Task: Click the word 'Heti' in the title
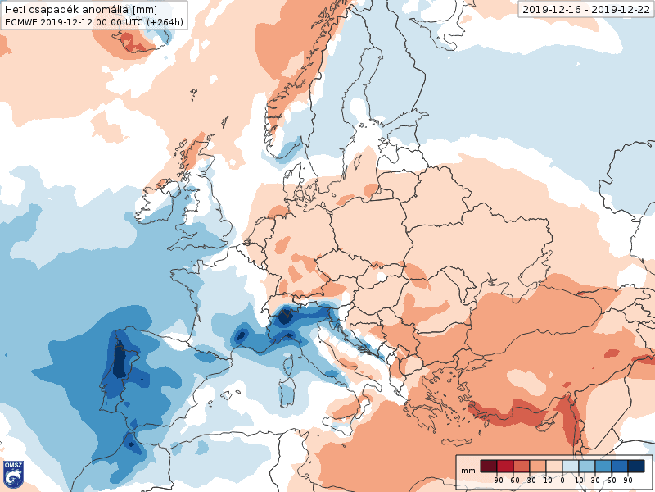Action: point(16,9)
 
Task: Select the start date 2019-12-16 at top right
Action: point(552,9)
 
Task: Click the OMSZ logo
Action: point(13,473)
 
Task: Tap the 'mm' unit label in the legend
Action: point(468,471)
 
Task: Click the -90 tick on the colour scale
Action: point(497,480)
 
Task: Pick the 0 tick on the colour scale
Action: point(562,480)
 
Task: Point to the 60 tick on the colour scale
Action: point(612,480)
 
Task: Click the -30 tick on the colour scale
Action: point(530,480)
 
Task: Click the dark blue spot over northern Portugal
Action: point(119,359)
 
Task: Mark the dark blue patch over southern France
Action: point(242,335)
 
